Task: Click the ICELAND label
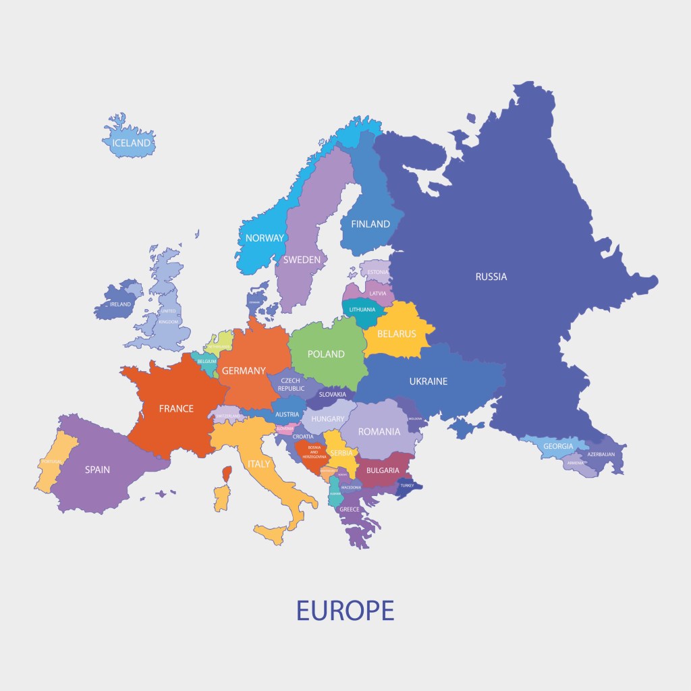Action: [x=132, y=143]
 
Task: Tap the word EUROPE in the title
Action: [x=345, y=610]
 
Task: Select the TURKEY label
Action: [x=407, y=486]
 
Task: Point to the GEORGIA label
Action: [x=558, y=446]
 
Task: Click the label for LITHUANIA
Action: [x=362, y=310]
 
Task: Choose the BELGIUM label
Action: [x=206, y=362]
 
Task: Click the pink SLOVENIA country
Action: [x=285, y=429]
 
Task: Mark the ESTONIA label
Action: [x=378, y=272]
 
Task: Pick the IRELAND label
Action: [x=120, y=304]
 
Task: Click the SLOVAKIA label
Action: [x=333, y=394]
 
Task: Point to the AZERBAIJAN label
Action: [x=601, y=454]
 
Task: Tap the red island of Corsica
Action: [x=227, y=474]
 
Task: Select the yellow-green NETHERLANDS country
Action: [x=220, y=343]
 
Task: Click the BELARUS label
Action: [x=397, y=333]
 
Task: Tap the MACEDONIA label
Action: [x=351, y=487]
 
